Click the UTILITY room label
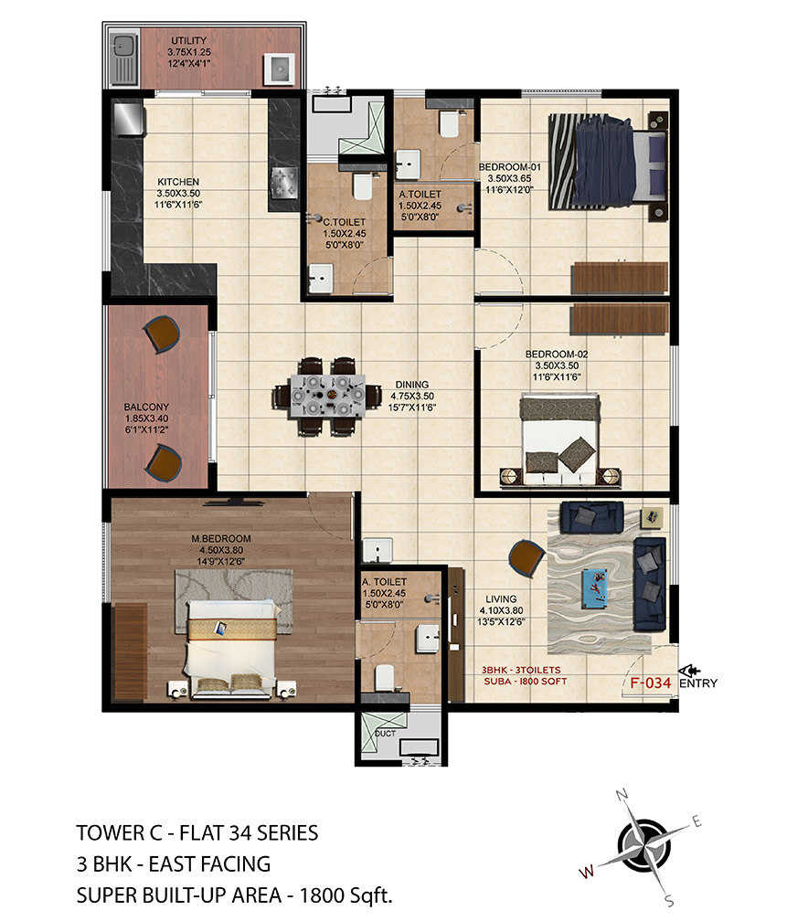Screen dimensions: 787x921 pyautogui.click(x=188, y=40)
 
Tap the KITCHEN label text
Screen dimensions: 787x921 pyautogui.click(x=178, y=182)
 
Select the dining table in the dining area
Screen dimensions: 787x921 pyautogui.click(x=327, y=397)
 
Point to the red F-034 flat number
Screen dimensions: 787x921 pyautogui.click(x=650, y=683)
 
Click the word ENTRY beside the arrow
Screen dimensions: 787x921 pyautogui.click(x=698, y=683)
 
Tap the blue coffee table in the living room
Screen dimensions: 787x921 pyautogui.click(x=595, y=587)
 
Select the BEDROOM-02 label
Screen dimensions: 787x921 pyautogui.click(x=556, y=355)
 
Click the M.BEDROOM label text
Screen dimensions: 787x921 pyautogui.click(x=221, y=539)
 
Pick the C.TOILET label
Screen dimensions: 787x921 pyautogui.click(x=345, y=222)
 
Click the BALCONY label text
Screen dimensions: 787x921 pyautogui.click(x=146, y=407)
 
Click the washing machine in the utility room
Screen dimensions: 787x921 pyautogui.click(x=279, y=69)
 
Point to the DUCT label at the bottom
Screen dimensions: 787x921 pyautogui.click(x=385, y=734)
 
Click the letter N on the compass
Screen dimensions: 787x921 pyautogui.click(x=622, y=795)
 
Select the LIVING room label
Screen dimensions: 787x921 pyautogui.click(x=501, y=599)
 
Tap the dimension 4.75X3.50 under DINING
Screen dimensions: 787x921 pyautogui.click(x=412, y=396)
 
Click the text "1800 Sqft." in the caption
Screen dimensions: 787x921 pyautogui.click(x=346, y=895)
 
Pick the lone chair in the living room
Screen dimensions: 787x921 pyautogui.click(x=526, y=558)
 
